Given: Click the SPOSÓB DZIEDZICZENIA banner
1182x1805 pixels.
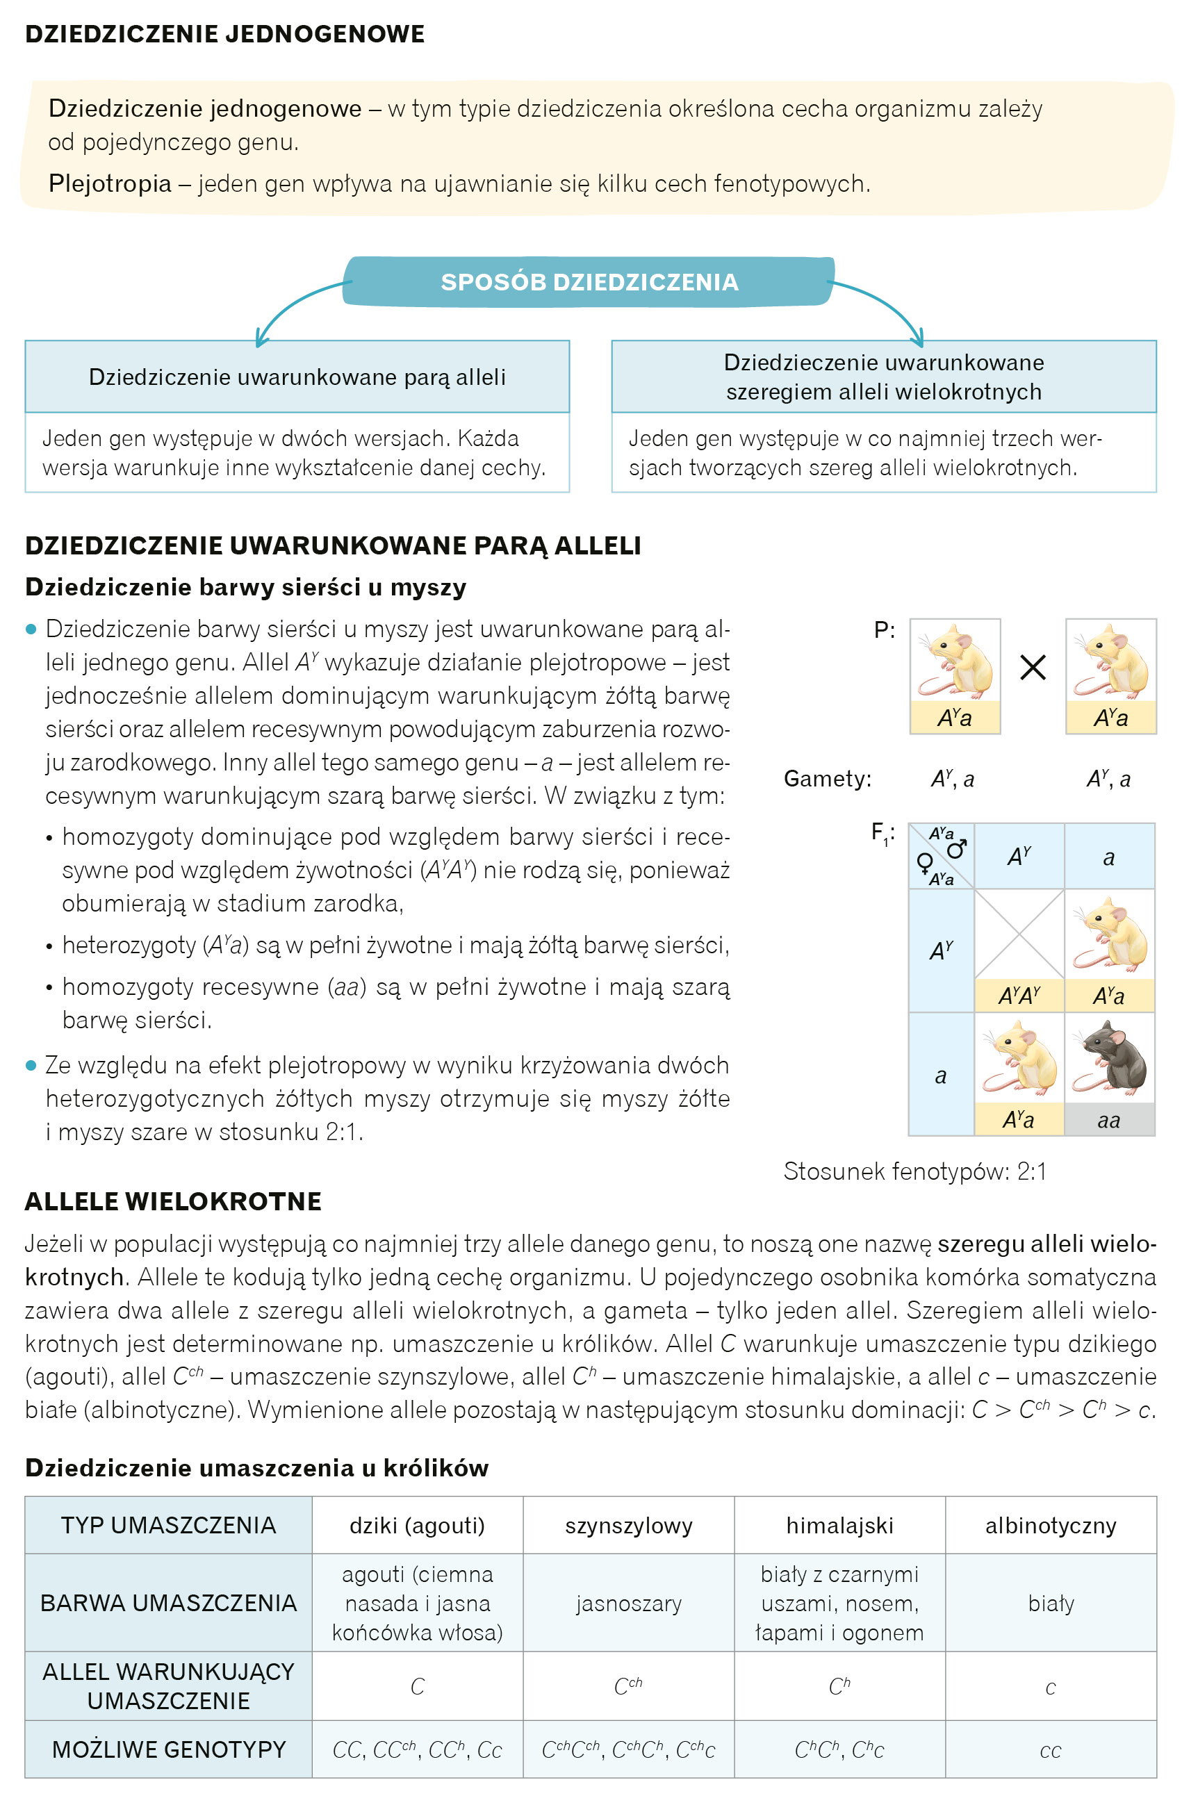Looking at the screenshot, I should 589,281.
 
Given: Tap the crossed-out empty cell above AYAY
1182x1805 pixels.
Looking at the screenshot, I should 1018,934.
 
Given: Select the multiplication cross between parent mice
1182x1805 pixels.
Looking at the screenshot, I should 1033,668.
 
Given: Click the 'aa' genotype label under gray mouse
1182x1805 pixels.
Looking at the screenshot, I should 1108,1120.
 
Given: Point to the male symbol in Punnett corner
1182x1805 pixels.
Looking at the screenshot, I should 958,848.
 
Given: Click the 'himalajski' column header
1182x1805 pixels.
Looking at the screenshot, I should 839,1525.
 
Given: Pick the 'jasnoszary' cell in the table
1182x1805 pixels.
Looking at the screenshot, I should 628,1604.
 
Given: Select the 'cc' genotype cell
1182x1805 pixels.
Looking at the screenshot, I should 1050,1750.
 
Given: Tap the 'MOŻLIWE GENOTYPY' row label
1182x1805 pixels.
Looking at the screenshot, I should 168,1749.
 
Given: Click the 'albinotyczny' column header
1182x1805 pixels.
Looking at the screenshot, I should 1050,1525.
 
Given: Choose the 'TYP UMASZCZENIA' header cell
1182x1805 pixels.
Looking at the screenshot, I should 168,1525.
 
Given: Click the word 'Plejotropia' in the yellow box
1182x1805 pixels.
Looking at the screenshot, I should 110,183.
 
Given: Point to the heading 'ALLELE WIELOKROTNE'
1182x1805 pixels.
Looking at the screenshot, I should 173,1201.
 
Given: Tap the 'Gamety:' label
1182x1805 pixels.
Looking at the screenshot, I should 827,779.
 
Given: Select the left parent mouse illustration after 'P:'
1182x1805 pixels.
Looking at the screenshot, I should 954,661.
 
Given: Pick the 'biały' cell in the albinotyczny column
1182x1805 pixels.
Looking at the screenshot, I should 1050,1604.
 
